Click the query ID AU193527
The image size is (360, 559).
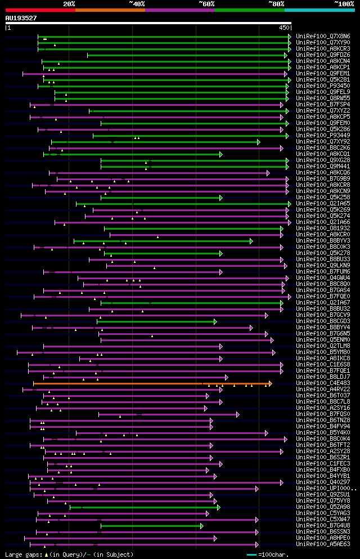21,18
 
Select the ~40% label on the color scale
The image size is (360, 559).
137,3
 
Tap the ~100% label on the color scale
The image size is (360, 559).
344,3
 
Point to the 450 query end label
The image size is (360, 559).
283,27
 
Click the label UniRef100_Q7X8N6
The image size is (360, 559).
323,36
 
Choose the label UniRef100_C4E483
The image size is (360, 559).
323,383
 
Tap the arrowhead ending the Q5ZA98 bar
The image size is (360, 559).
218,507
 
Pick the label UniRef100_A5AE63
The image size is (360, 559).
323,544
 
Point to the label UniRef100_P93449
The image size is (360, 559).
323,135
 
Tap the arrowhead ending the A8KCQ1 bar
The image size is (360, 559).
221,154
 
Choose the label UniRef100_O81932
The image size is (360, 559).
323,228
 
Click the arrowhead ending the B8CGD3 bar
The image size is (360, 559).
215,321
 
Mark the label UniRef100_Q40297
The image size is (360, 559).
323,482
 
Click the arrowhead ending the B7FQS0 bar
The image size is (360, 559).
238,414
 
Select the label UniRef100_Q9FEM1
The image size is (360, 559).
323,73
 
